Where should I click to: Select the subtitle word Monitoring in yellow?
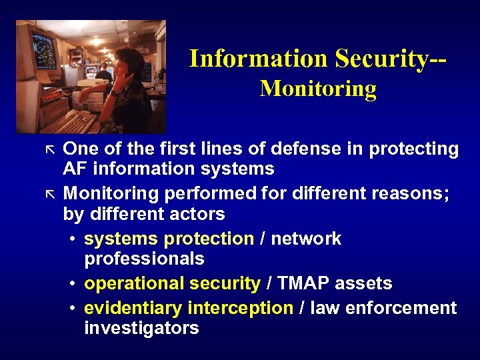coord(318,89)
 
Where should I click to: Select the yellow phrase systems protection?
coord(169,239)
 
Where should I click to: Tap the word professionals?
coord(144,259)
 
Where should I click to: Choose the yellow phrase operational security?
coord(172,283)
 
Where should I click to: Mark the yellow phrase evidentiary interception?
coord(189,308)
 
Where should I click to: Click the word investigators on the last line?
coord(141,328)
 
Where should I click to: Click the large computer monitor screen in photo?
coord(43,50)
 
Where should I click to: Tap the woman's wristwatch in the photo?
coord(114,93)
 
